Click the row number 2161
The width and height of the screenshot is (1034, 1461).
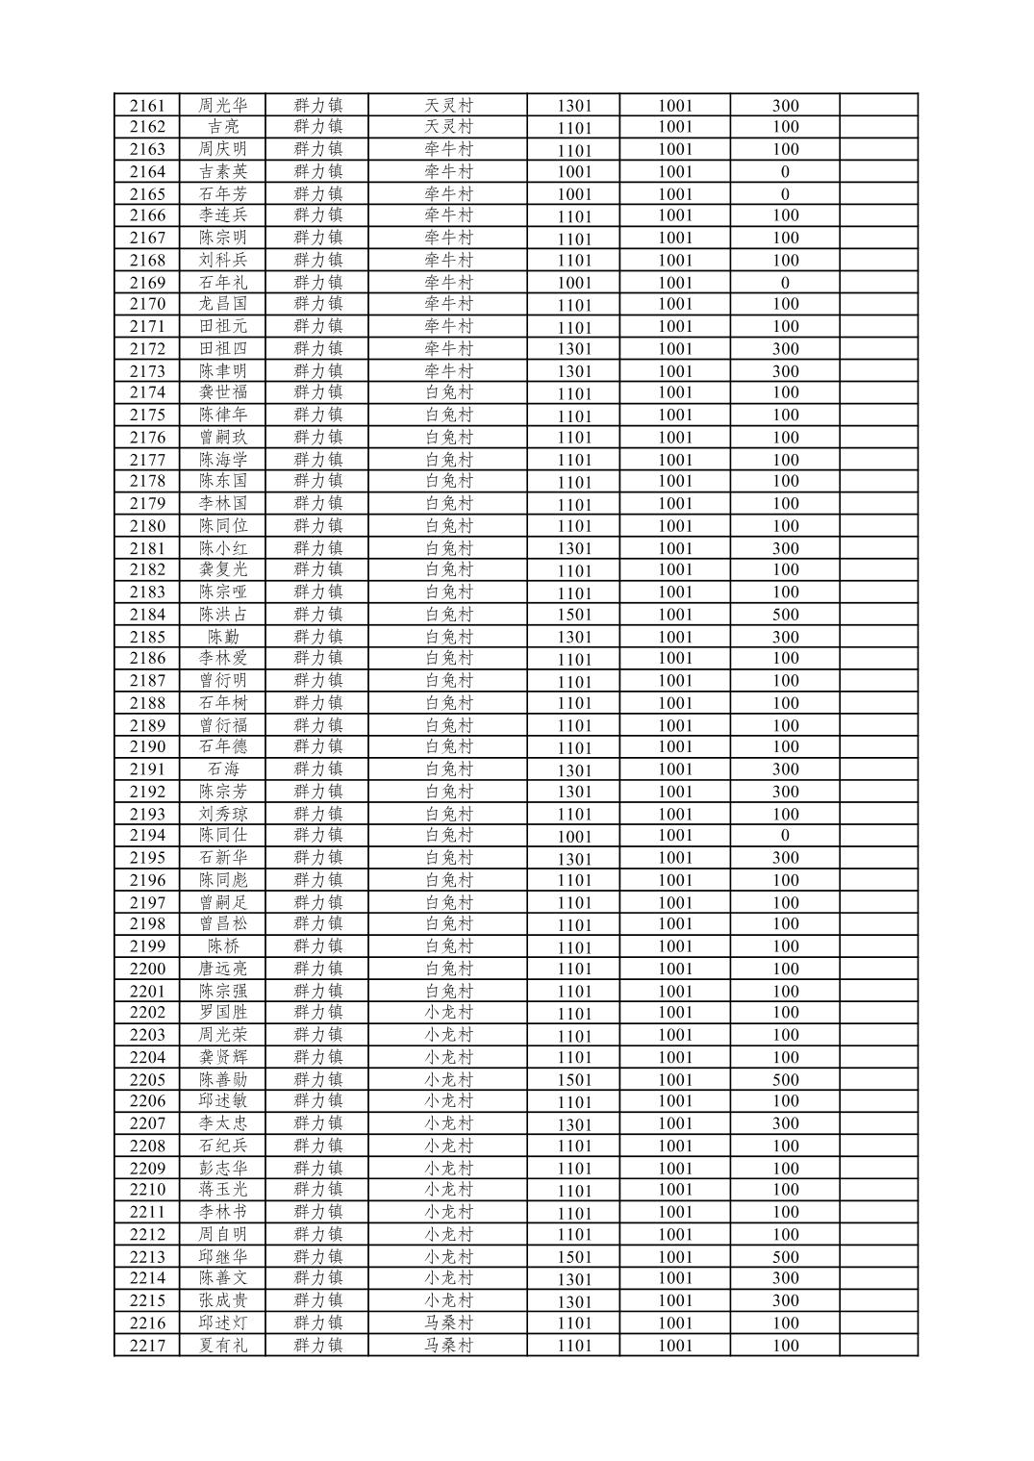coord(147,105)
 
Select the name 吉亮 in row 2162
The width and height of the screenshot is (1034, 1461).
coord(223,127)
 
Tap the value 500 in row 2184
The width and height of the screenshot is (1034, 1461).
coord(785,615)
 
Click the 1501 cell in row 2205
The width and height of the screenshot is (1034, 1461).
coord(574,1080)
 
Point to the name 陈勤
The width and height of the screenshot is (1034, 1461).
coord(223,637)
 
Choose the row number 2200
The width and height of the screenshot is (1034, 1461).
coord(147,969)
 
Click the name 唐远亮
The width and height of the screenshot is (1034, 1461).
coord(223,969)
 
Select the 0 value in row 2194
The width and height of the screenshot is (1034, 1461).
coord(785,836)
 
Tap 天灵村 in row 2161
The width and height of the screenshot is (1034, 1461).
coord(448,105)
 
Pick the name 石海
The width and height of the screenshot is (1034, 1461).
coord(223,769)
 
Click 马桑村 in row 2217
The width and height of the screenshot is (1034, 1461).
coord(448,1346)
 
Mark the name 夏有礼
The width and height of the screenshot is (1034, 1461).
coord(223,1346)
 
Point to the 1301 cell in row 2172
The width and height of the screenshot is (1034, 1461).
coord(574,349)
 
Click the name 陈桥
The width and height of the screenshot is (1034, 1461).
coord(223,946)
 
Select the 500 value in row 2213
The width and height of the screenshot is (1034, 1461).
coord(785,1257)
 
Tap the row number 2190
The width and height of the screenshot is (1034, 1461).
coord(147,747)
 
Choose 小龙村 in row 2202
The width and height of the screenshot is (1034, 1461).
coord(448,1013)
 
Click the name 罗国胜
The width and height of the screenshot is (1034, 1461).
coord(223,1013)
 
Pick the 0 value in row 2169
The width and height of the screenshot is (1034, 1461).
coord(785,283)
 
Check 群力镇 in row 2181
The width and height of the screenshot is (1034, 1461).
coord(317,548)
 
